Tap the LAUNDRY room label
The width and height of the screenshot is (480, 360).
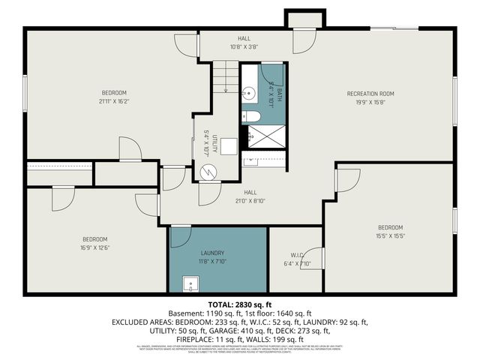(x=212, y=253)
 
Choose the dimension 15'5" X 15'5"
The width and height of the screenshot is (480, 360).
(x=390, y=236)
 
